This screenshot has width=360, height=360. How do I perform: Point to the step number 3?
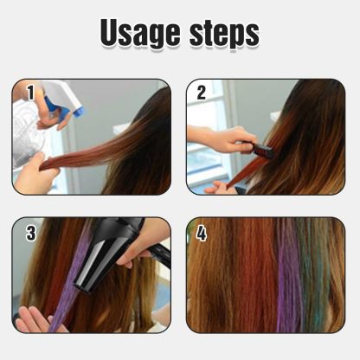30,233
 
